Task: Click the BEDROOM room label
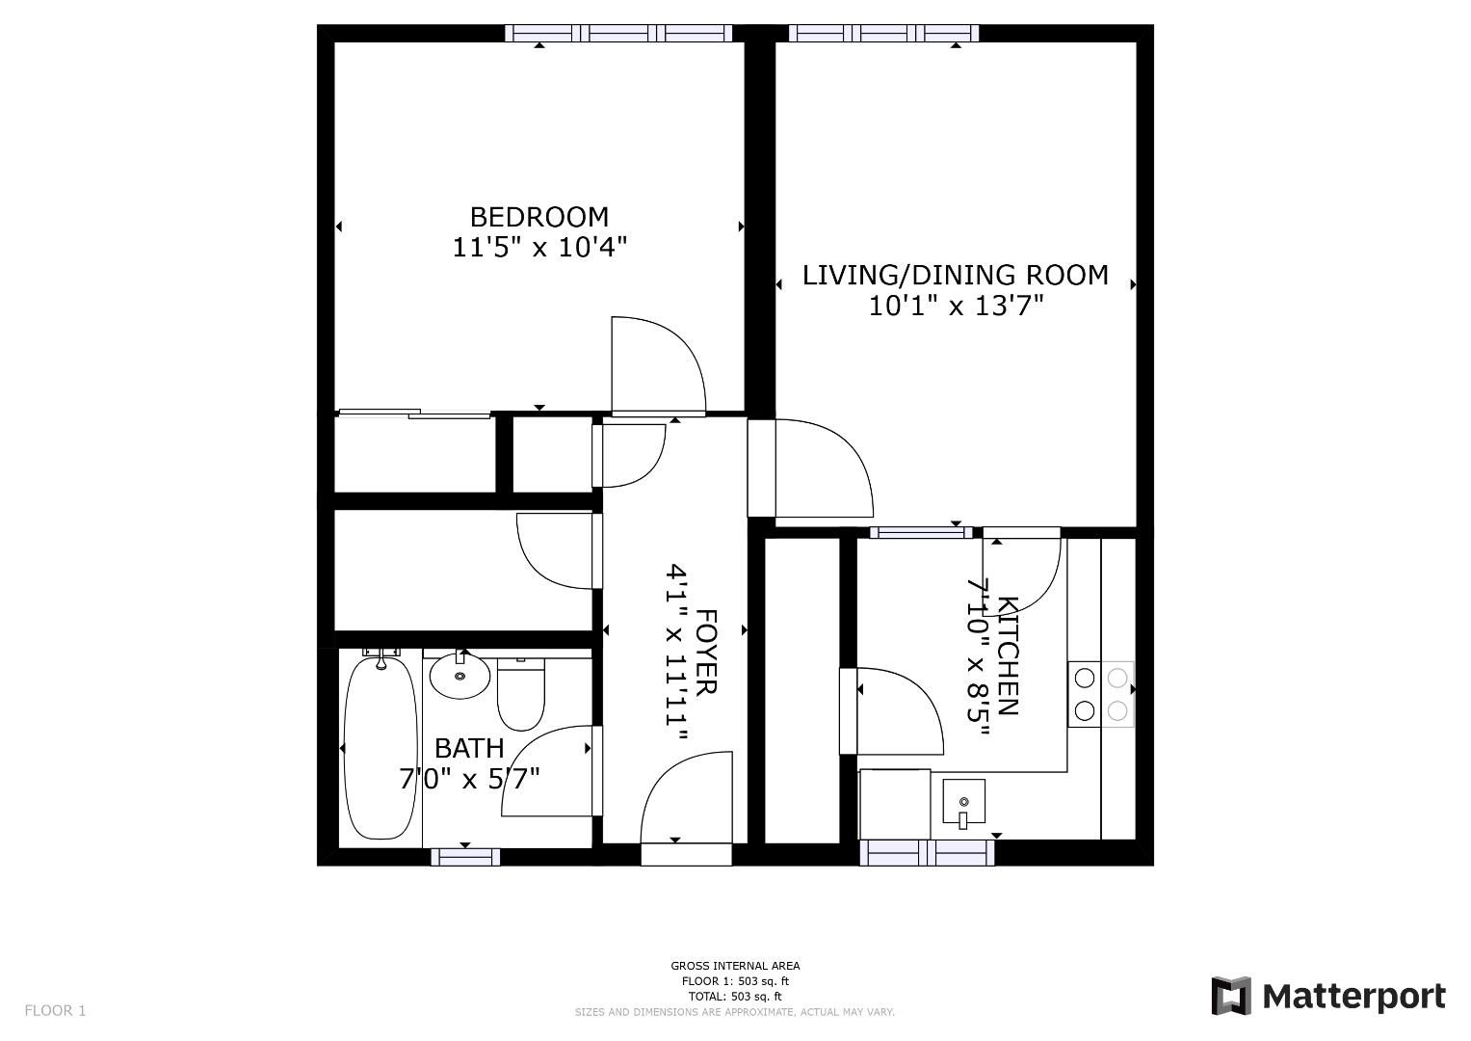538,216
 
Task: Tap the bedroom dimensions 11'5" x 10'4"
539,248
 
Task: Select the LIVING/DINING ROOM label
955,276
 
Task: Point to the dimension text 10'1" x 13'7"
956,307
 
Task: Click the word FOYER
705,652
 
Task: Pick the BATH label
469,748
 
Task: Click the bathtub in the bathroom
381,748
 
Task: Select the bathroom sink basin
460,676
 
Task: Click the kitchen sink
963,802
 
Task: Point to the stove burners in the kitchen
1101,694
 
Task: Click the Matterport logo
1328,996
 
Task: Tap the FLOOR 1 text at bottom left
55,1010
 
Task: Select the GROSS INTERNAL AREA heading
735,966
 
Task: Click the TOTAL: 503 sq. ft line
735,997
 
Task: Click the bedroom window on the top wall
618,34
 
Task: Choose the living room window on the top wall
883,34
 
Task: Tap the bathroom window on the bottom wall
465,857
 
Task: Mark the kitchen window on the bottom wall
927,853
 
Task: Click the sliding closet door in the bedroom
415,414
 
